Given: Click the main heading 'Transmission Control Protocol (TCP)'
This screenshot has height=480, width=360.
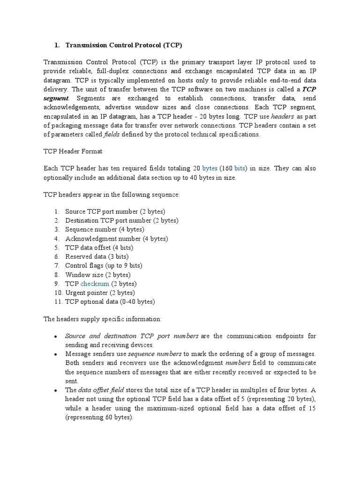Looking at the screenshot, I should click(123, 45).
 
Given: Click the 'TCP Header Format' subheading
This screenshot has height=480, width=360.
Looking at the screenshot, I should click(73, 152).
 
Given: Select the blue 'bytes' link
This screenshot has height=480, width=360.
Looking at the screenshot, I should click(210, 168).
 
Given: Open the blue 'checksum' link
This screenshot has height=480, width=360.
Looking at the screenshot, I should click(95, 284).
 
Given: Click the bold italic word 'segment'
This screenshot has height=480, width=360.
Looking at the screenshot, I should click(56, 98).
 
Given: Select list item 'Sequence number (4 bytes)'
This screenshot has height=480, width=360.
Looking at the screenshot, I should click(105, 230).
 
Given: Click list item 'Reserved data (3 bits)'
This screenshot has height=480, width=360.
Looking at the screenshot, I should click(97, 257).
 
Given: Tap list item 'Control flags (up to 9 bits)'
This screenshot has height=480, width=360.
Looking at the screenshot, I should click(104, 266).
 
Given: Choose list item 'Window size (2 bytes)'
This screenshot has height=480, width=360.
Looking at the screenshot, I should click(97, 275).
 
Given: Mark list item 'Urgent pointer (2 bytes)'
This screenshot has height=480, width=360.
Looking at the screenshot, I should click(100, 293).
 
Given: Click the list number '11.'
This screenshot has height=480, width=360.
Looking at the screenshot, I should click(58, 302).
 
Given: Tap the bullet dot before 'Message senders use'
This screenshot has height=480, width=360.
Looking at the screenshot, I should click(56, 354).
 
